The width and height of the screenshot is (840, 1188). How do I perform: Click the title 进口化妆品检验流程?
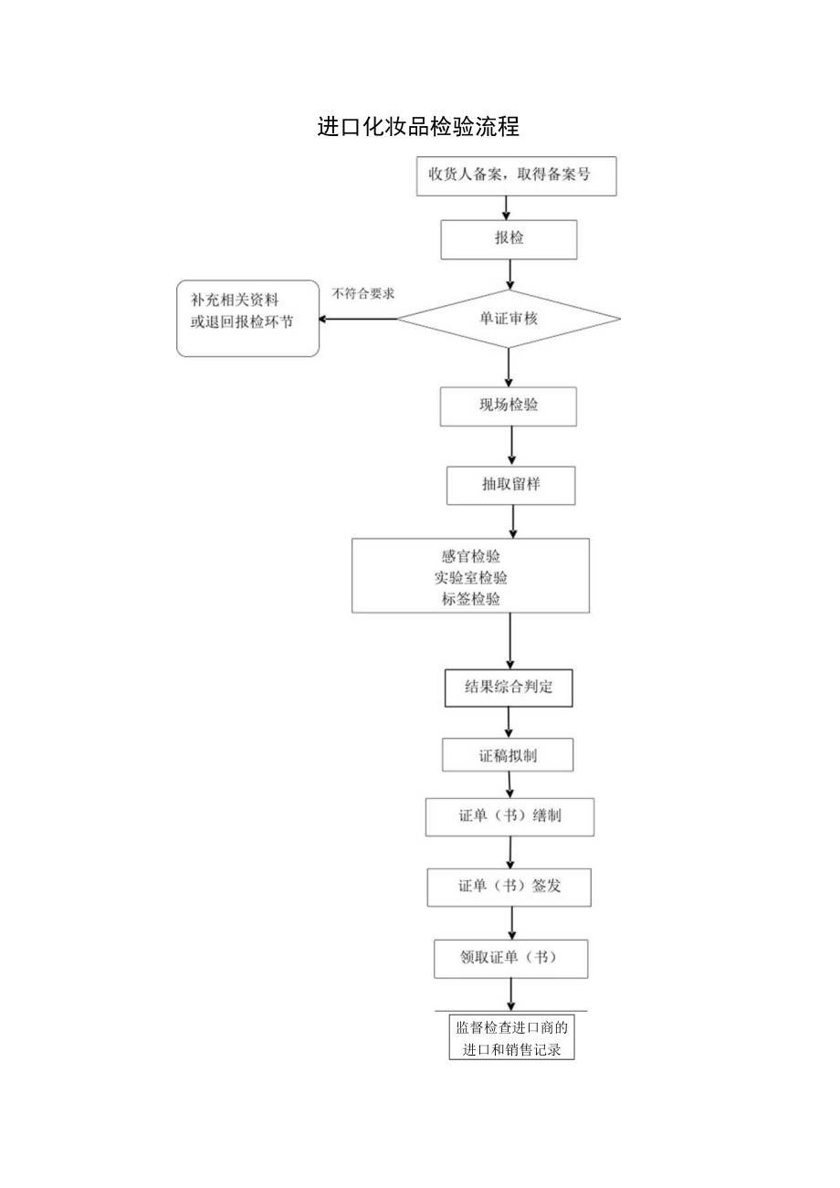[418, 127]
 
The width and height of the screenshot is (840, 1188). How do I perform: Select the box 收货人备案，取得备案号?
[517, 176]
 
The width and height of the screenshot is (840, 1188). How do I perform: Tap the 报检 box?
[509, 239]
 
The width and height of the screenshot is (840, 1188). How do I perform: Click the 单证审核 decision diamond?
[509, 319]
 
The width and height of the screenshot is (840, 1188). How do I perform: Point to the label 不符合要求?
[363, 294]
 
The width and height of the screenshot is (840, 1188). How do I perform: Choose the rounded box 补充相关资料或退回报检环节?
[247, 318]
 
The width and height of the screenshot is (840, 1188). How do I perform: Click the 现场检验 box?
[509, 405]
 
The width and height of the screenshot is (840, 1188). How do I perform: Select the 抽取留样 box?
[510, 485]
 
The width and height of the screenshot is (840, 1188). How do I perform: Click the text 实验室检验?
[471, 577]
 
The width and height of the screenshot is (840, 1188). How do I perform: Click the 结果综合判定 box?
[509, 689]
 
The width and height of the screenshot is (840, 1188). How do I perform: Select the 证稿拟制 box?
[509, 755]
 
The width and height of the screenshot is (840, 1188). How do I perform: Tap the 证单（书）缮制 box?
[509, 816]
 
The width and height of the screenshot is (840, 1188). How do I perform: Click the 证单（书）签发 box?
[509, 886]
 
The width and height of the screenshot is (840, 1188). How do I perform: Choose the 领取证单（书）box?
[510, 958]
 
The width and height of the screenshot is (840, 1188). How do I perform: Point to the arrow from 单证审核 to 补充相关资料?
[358, 319]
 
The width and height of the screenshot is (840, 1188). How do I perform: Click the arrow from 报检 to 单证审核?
[509, 273]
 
